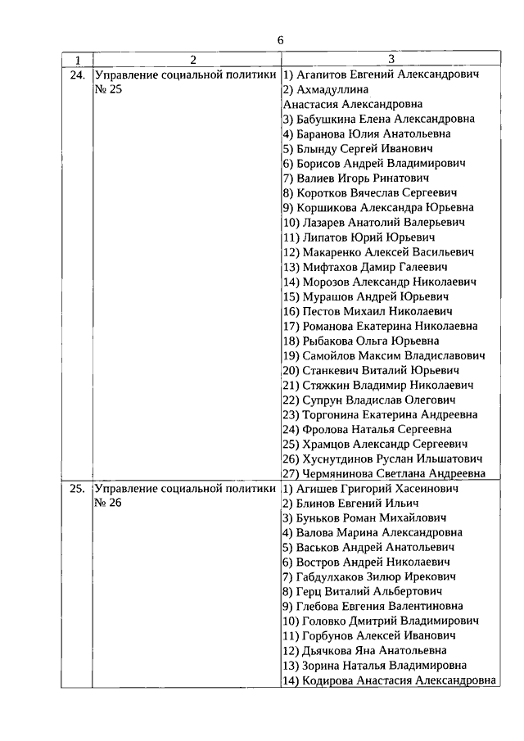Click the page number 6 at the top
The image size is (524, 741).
280,40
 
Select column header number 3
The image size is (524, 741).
391,60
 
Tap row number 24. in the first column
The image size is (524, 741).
78,75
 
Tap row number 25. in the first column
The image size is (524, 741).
78,489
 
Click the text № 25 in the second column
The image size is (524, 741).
108,89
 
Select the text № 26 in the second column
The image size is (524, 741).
108,504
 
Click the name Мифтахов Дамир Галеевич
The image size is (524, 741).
365,267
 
